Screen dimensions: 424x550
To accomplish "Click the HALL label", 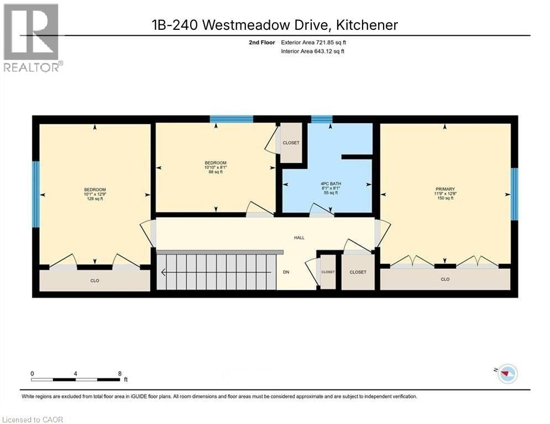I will point(299,238).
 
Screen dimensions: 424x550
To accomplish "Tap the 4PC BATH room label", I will point(326,183).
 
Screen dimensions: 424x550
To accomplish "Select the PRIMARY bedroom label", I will point(445,189).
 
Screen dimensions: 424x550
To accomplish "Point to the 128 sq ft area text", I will point(95,199).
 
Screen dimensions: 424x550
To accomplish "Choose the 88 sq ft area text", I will point(216,172).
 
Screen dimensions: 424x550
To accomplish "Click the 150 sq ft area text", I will point(445,198).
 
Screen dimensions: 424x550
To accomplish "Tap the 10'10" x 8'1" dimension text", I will point(216,167).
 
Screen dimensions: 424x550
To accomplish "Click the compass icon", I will point(507,374).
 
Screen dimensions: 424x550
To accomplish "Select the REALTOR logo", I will point(32,38).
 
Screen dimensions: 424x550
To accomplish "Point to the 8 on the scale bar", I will point(120,374).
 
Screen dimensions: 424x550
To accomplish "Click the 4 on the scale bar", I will point(75,374).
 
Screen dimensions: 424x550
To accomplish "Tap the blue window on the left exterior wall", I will point(36,194).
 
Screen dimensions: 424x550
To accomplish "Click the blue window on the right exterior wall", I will point(514,194).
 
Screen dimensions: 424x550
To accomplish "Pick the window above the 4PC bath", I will point(322,119).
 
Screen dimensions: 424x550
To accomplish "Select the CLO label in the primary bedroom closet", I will point(445,279).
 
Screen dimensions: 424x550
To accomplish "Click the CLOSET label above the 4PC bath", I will point(291,143).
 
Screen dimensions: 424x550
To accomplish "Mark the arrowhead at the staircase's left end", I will point(163,272).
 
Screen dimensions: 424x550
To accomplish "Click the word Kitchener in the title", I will point(365,25).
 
